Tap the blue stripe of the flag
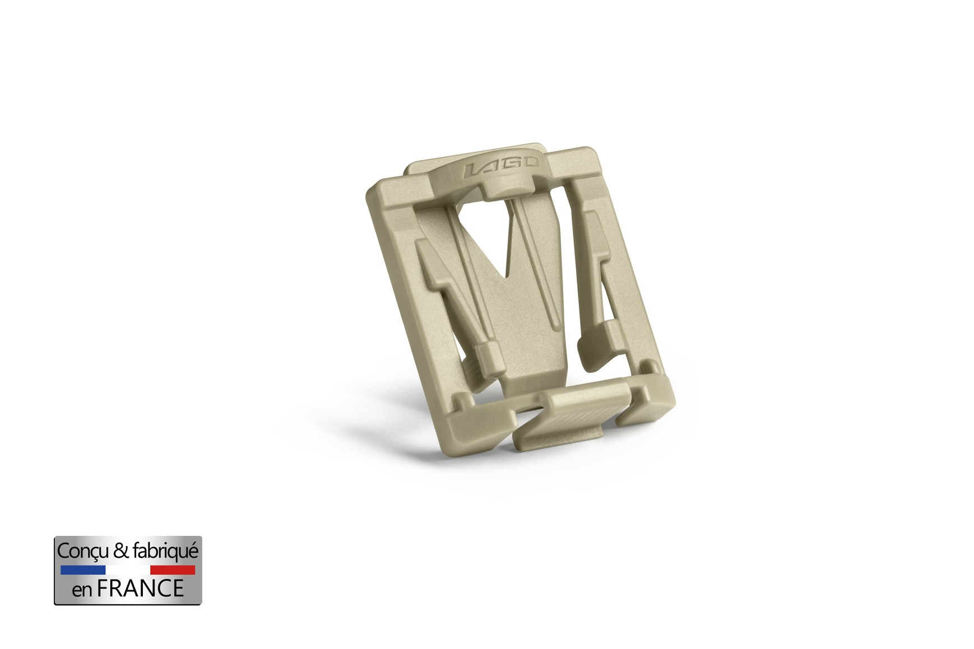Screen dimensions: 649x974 pos(82,570)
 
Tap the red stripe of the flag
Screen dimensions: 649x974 pos(173,570)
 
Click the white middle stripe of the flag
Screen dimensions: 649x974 pos(128,570)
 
